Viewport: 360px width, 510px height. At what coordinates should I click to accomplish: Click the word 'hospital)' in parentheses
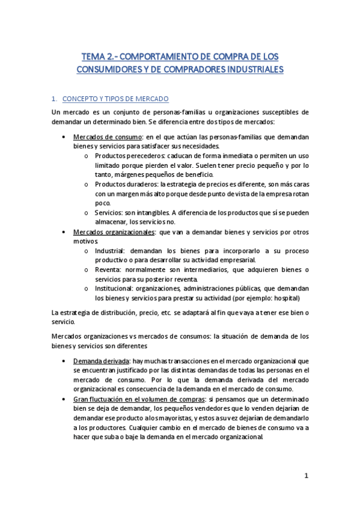coord(285,299)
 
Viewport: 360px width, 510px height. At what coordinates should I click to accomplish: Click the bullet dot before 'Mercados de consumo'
coord(64,137)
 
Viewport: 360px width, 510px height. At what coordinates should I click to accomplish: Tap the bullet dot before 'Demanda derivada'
coord(64,361)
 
